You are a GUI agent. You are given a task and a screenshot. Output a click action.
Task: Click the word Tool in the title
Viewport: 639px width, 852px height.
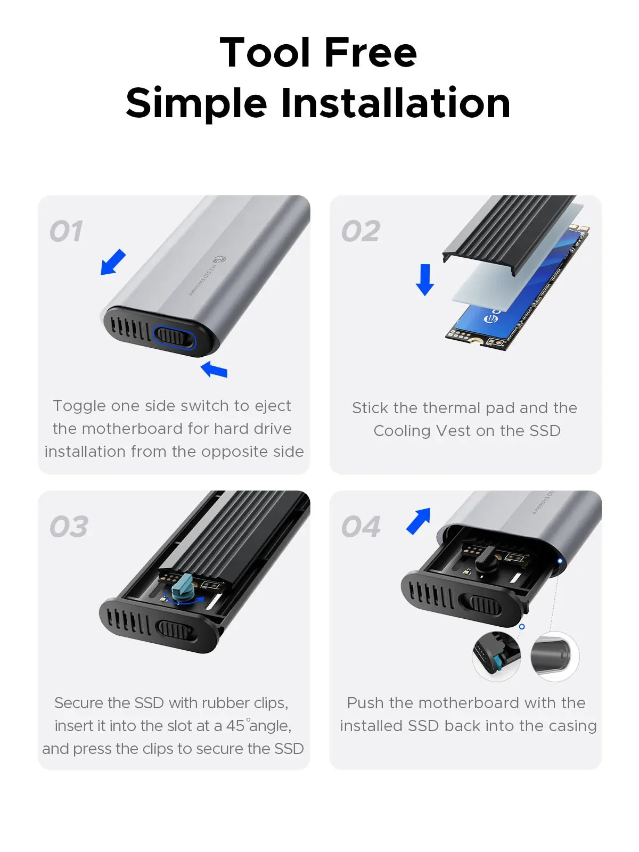coord(265,53)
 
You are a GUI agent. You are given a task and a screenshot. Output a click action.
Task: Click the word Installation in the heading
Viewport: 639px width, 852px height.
coord(395,103)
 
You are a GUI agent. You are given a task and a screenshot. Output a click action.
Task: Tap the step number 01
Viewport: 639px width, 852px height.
coord(67,232)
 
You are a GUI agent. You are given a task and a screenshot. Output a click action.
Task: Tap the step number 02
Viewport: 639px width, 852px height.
coord(361,232)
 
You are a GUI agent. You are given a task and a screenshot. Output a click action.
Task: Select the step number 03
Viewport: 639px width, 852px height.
coord(69,527)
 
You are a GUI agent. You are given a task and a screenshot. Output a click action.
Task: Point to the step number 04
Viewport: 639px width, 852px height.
coord(361,527)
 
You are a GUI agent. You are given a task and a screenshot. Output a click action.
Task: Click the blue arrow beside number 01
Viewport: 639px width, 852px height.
coord(113,262)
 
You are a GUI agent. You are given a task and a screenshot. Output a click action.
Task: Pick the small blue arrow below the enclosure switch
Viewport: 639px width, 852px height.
coord(214,370)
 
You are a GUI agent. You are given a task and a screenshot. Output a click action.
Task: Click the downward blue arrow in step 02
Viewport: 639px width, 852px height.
coord(425,280)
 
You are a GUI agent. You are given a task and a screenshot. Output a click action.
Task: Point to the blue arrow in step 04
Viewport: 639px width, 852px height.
coord(419,521)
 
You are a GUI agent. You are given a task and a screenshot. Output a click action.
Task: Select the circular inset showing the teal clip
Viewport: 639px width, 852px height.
coord(496,656)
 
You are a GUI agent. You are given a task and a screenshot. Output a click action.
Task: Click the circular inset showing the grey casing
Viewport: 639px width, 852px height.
coord(555,656)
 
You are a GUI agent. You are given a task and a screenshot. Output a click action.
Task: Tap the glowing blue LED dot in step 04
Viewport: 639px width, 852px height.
coord(560,561)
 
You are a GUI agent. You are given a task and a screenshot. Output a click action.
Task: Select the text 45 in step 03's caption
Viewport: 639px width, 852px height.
coord(235,726)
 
